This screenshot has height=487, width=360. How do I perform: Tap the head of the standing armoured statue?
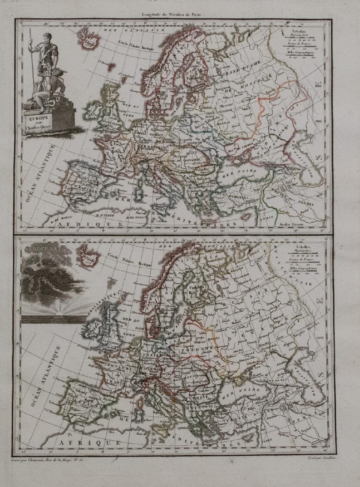tap(47, 39)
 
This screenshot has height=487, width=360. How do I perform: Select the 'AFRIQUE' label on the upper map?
tap(80, 224)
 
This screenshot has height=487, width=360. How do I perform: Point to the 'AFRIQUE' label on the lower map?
tap(80, 441)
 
